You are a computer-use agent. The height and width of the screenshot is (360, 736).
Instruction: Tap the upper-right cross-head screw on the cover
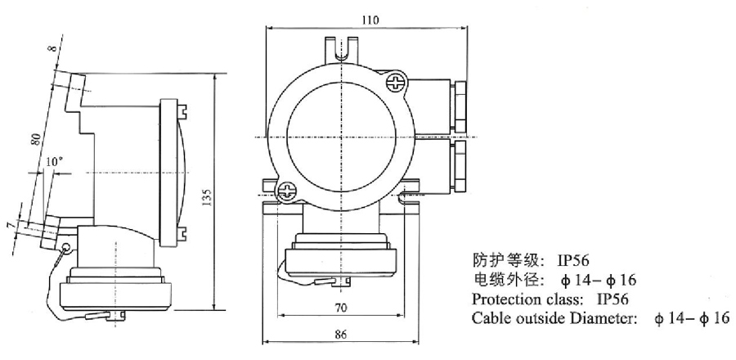tap(397, 82)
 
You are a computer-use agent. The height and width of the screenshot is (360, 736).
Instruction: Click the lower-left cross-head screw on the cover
tap(285, 193)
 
